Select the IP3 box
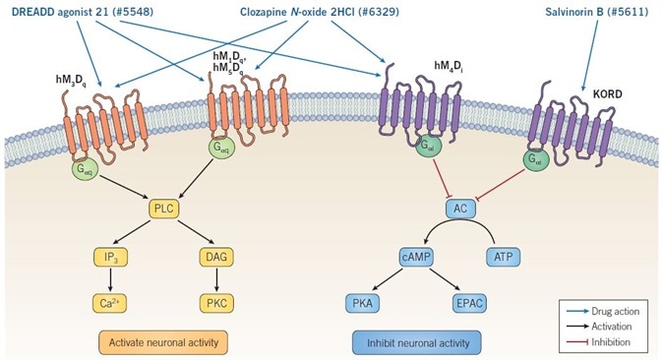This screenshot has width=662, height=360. point(119,257)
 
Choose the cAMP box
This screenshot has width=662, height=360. point(417,257)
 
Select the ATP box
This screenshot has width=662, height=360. point(505,257)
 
